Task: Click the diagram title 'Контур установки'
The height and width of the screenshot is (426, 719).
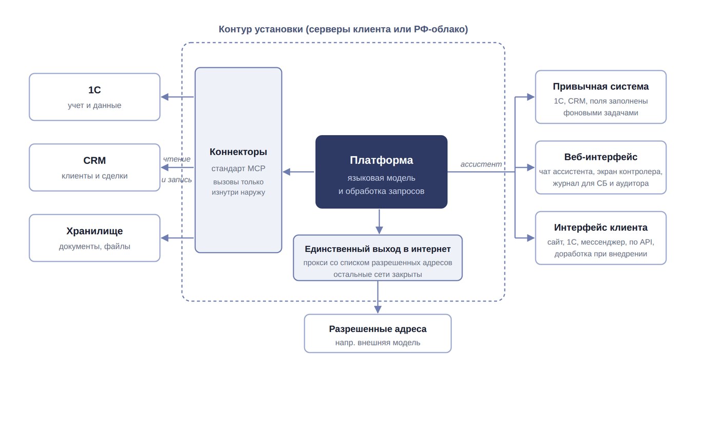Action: [261, 29]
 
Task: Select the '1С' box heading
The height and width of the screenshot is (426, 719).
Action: [94, 90]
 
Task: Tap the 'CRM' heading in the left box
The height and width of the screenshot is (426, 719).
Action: [94, 160]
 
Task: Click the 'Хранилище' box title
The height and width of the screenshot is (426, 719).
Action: [94, 231]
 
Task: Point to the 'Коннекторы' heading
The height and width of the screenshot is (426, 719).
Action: [238, 152]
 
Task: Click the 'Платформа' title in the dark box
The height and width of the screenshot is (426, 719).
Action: [381, 160]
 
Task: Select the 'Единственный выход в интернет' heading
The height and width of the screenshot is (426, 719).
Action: [377, 249]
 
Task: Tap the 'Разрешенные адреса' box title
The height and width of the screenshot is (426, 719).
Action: [377, 329]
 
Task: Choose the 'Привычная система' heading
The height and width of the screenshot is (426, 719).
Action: [600, 87]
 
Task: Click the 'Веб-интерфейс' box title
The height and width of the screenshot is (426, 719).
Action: [600, 157]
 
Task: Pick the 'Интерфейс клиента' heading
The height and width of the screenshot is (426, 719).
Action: [600, 228]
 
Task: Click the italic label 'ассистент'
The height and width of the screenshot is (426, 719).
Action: [481, 164]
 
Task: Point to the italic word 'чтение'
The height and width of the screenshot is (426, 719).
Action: [177, 159]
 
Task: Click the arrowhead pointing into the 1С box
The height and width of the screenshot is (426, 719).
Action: [165, 97]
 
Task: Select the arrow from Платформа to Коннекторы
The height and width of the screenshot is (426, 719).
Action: [298, 172]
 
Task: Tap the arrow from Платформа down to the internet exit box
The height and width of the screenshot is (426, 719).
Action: [379, 221]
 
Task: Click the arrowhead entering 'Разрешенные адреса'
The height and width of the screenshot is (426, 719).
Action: [378, 309]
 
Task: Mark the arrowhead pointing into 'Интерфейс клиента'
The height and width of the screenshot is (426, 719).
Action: [531, 238]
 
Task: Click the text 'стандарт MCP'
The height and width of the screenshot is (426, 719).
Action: [238, 169]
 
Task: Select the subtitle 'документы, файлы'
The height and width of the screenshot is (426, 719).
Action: [94, 247]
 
